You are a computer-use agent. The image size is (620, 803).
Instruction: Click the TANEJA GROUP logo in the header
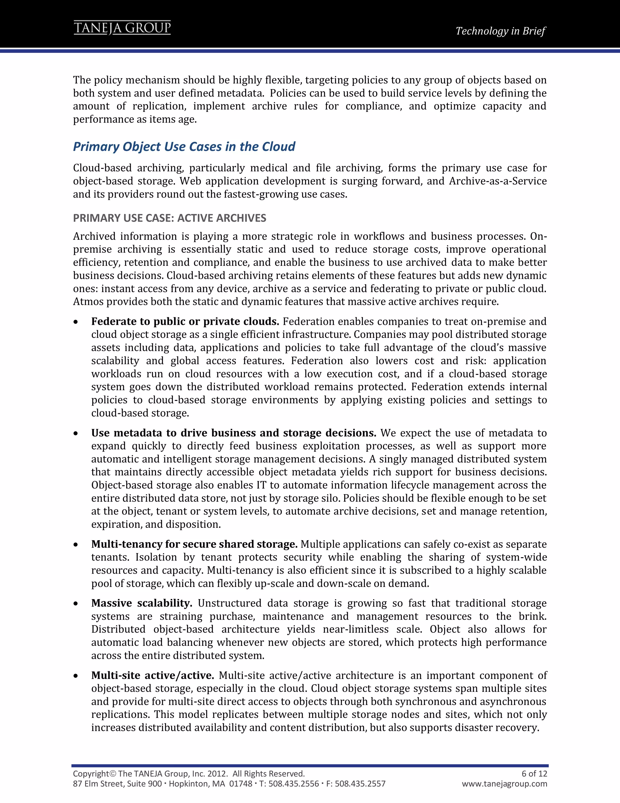[x=122, y=28]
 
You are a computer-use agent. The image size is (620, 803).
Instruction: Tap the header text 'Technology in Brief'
[x=500, y=31]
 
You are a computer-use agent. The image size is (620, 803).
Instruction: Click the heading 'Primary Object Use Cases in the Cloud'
[x=184, y=146]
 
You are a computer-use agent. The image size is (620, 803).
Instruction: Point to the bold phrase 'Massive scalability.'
[x=142, y=603]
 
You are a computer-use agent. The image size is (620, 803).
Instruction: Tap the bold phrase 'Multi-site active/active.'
[x=153, y=675]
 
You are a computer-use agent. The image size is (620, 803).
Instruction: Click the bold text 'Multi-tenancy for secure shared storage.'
[x=194, y=544]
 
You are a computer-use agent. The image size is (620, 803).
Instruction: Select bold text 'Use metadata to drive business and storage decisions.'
[x=234, y=433]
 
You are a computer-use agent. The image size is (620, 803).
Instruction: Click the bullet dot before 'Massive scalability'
[x=76, y=604]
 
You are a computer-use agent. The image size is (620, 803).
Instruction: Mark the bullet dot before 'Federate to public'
[x=76, y=322]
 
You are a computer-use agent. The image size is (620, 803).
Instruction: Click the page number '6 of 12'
[x=534, y=774]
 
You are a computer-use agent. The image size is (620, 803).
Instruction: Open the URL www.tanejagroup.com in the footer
[x=504, y=784]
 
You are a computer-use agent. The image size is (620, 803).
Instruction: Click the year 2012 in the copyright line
[x=217, y=774]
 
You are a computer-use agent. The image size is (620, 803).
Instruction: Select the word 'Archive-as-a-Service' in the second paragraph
[x=498, y=181]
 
